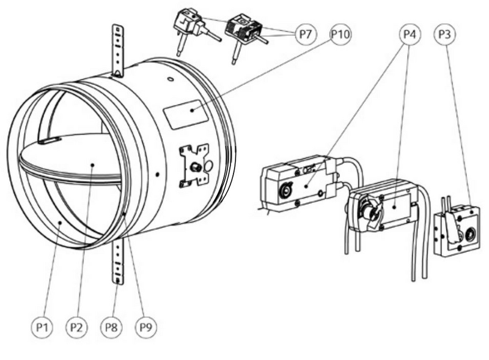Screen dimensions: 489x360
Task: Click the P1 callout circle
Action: tap(42, 327)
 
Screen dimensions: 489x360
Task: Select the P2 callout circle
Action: tap(76, 327)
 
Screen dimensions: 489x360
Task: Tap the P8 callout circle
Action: tap(111, 327)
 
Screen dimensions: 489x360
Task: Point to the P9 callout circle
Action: tap(145, 327)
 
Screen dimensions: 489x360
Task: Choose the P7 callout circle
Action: tap(306, 34)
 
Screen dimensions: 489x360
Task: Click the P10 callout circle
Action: tap(340, 34)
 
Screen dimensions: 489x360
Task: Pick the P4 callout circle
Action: tap(410, 34)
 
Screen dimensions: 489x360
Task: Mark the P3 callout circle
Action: tap(444, 34)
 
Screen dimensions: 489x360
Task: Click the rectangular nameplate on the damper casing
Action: tap(186, 114)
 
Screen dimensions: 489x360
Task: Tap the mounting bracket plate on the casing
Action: tap(194, 166)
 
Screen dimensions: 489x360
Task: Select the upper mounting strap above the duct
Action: tap(118, 51)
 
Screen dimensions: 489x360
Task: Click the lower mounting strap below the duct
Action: tap(118, 262)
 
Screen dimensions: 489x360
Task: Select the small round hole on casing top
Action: tap(171, 79)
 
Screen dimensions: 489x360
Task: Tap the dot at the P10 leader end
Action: tap(193, 110)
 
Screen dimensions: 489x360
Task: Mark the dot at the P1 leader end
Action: tap(61, 222)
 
